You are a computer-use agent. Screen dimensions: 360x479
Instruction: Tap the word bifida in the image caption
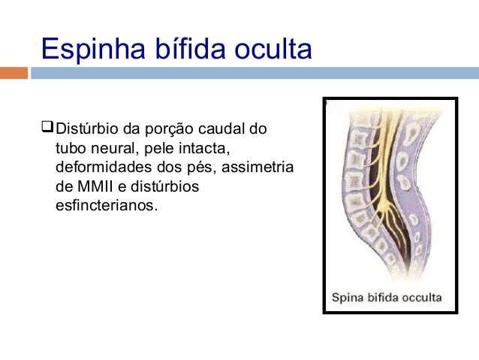384,297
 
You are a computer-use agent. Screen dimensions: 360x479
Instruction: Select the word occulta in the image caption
421,297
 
